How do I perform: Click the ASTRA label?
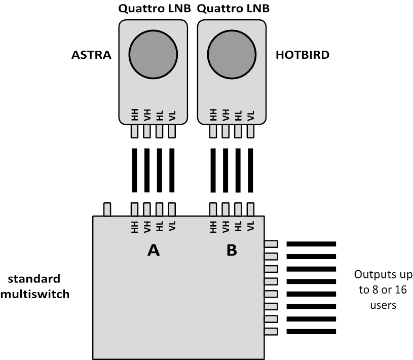[91, 55]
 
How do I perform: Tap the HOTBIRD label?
[302, 55]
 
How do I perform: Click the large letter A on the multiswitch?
[153, 250]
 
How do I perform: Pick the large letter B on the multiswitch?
[232, 250]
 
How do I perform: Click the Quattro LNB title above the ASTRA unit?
[155, 9]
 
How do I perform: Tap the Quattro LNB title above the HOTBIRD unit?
[233, 9]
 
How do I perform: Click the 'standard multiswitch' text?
[34, 286]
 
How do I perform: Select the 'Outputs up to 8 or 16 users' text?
[382, 290]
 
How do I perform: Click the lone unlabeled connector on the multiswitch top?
[107, 209]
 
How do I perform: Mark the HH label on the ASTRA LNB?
[134, 115]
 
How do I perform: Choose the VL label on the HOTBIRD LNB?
[250, 115]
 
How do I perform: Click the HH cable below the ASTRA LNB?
[134, 170]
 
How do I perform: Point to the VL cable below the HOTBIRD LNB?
[250, 170]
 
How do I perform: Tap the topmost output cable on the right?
[311, 244]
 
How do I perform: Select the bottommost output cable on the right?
[311, 332]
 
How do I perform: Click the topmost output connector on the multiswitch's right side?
[271, 244]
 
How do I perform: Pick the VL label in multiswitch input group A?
[172, 226]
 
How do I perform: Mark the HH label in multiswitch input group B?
[213, 226]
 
